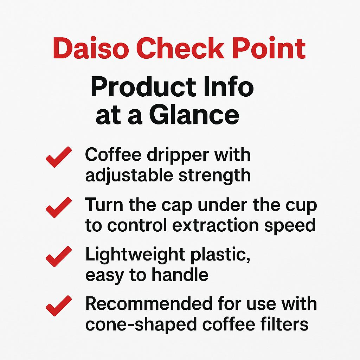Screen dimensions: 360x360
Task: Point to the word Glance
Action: [194, 116]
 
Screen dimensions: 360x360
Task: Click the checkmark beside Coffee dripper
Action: [59, 157]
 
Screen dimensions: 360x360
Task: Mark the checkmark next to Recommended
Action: [59, 305]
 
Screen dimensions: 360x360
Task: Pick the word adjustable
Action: [129, 175]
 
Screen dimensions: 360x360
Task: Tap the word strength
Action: [215, 175]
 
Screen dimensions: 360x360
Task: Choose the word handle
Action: [182, 275]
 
